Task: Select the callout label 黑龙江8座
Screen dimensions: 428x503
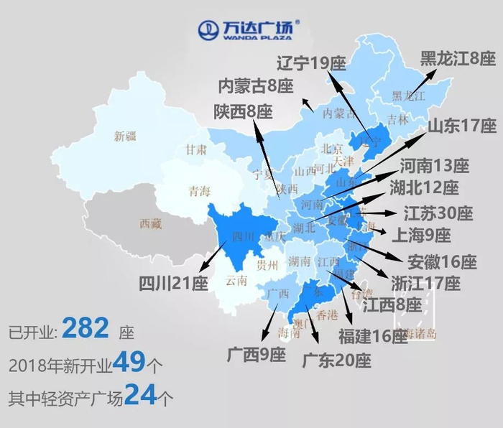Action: pos(458,59)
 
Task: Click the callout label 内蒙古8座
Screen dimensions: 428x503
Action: pos(256,87)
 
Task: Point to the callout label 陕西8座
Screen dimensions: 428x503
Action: pos(244,111)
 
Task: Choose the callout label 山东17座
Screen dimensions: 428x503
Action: pos(462,126)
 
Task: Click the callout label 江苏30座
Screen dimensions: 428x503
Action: pos(438,213)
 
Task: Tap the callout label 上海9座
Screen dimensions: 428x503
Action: pos(420,235)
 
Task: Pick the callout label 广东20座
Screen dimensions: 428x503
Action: pos(336,360)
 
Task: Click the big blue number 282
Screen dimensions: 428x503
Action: pos(86,329)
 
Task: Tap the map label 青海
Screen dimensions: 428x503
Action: pos(199,191)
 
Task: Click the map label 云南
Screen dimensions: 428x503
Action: pos(236,280)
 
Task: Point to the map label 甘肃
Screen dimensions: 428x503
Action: pos(196,150)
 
